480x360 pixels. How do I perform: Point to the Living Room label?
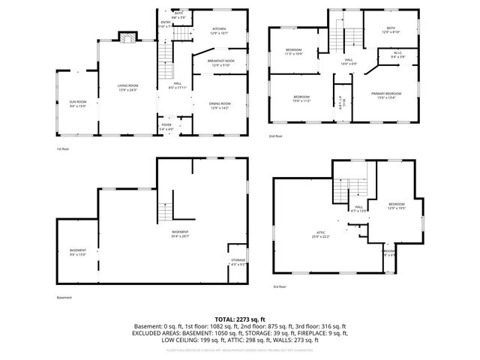pyautogui.click(x=128, y=88)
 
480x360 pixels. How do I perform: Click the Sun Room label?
pyautogui.click(x=78, y=103)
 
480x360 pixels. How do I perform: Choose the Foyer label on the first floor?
pyautogui.click(x=166, y=127)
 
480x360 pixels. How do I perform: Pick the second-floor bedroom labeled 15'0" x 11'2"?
pyautogui.click(x=301, y=98)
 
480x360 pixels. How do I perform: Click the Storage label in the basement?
pyautogui.click(x=238, y=262)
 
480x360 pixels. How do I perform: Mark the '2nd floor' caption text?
pyautogui.click(x=276, y=136)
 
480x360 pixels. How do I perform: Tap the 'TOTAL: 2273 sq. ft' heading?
pyautogui.click(x=239, y=319)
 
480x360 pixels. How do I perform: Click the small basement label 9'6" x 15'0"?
pyautogui.click(x=78, y=252)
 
